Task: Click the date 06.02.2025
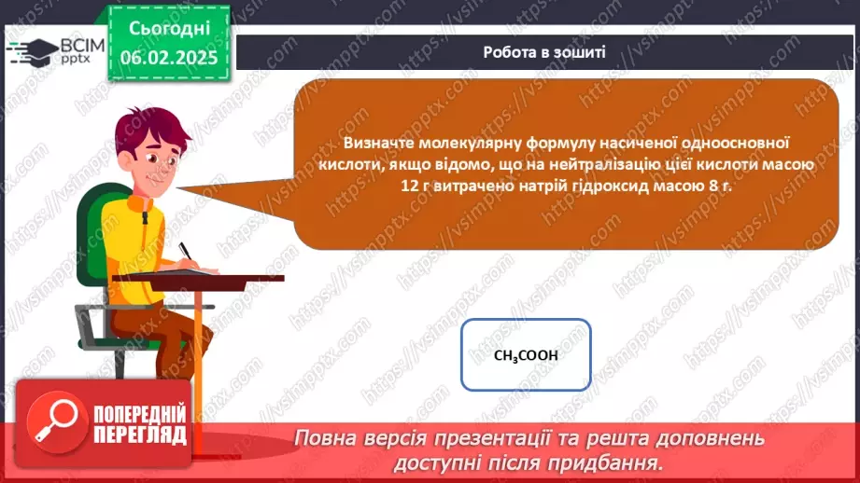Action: coord(168,58)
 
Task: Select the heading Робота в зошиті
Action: coord(544,52)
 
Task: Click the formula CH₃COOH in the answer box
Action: coord(526,355)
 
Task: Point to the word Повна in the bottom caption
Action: coord(324,438)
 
